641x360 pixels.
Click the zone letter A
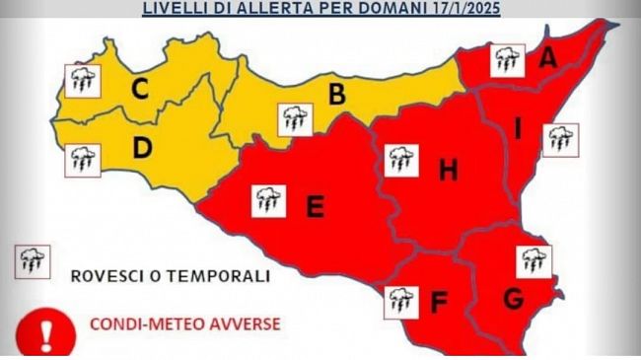tap(547, 58)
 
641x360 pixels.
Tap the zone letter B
tap(336, 95)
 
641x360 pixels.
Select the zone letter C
tap(140, 90)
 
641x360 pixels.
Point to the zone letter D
tap(142, 150)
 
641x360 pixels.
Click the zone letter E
tap(315, 206)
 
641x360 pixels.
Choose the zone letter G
tap(512, 296)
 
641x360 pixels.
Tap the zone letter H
tap(448, 172)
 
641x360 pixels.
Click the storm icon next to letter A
tap(508, 60)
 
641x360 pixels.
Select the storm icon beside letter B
tap(295, 119)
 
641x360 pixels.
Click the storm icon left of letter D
tap(81, 160)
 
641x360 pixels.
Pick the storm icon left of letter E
tap(268, 200)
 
